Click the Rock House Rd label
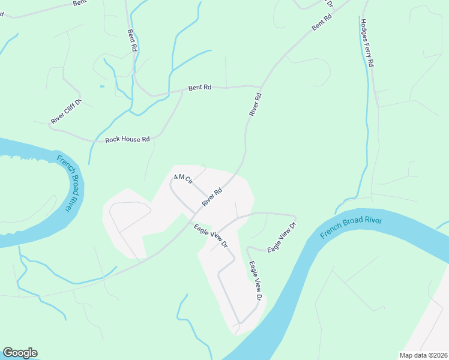tap(127, 139)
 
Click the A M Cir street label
tap(182, 178)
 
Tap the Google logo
tap(20, 353)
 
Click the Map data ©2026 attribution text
tap(423, 355)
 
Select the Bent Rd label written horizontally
tap(200, 88)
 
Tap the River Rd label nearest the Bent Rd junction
tap(256, 104)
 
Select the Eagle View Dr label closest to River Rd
tap(211, 235)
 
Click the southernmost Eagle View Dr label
tap(256, 280)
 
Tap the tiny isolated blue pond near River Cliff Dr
tap(102, 86)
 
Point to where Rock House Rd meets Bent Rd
tap(182, 92)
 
